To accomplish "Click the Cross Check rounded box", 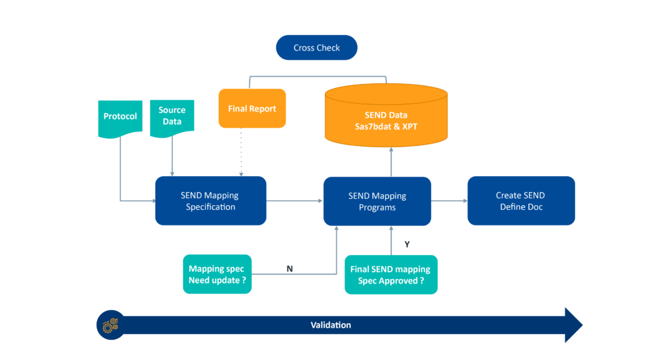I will coord(317,48).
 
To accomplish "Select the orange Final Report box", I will coord(252,109).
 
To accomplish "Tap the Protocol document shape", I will coord(120,117).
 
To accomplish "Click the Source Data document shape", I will coord(172,117).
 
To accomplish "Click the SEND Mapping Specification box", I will coord(210,201).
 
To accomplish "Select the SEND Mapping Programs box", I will coord(377,201).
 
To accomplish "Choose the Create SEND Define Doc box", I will coord(521,201).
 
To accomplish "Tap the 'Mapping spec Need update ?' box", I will coord(217,275).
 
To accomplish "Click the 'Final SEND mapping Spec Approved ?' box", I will coord(391,275).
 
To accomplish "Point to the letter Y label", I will coord(407,245).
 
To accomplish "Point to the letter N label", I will coord(289,268).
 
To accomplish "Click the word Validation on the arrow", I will coord(330,325).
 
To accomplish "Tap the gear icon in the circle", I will coord(110,325).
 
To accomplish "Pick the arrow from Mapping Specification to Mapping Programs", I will coord(295,201).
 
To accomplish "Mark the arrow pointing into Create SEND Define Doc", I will coord(449,201).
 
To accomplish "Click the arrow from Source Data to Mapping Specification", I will coord(172,157).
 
